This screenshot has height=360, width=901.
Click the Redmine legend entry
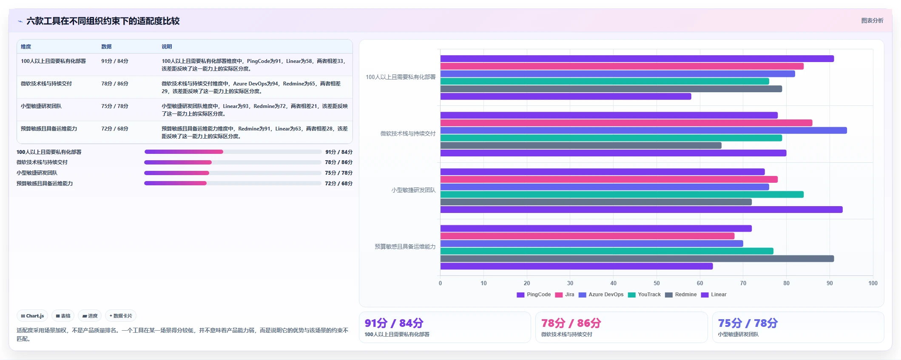[681, 295]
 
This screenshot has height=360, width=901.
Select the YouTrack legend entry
[644, 295]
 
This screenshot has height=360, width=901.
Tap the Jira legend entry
[565, 295]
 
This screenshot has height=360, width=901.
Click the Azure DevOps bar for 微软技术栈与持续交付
[643, 130]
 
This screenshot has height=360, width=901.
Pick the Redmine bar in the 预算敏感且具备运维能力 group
[637, 258]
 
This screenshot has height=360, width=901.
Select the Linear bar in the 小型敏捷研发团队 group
[641, 210]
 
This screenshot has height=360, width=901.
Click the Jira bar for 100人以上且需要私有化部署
[622, 66]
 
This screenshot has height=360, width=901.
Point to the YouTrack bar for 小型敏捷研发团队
[622, 194]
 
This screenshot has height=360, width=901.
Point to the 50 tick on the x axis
[657, 283]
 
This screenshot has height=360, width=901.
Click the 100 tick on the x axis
[873, 283]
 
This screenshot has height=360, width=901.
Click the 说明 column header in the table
[167, 47]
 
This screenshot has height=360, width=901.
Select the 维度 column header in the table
[26, 47]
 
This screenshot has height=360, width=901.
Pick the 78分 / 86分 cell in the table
[115, 84]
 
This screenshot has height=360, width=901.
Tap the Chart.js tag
[32, 316]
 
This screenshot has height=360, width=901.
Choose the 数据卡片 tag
[121, 316]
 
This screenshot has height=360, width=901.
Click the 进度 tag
[90, 316]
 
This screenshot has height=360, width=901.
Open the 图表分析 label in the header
[872, 20]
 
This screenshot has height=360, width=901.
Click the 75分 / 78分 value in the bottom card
[748, 323]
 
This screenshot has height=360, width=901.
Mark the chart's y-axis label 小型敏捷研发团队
[413, 190]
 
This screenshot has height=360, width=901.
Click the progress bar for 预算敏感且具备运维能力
[233, 183]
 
